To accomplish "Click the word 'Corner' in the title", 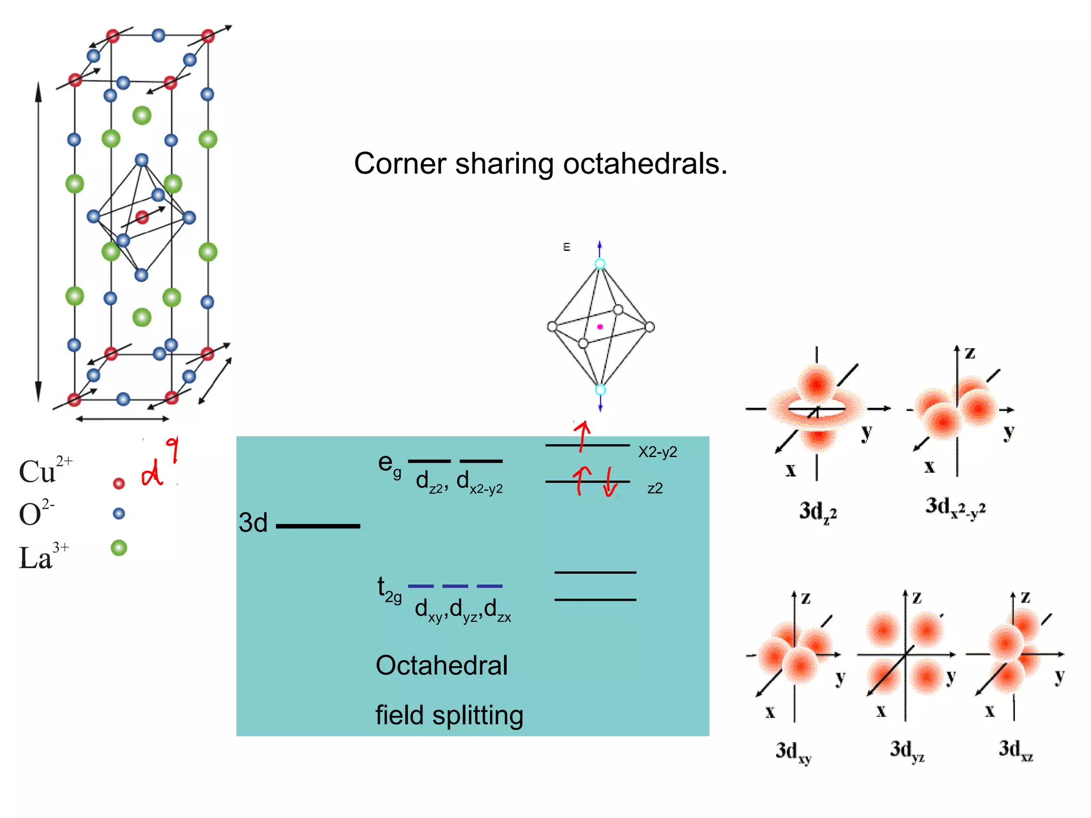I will [400, 163].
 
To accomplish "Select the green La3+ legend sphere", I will [119, 547].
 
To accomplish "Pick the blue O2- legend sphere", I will [119, 513].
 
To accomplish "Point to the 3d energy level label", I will [253, 523].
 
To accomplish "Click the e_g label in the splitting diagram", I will [389, 464].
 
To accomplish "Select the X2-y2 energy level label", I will [657, 452].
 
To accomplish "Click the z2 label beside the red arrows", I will [655, 488].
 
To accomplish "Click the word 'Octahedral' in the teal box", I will [442, 666].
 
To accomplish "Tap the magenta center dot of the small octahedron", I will [600, 327].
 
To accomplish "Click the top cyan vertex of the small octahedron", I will [600, 264].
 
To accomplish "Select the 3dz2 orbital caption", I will [818, 512].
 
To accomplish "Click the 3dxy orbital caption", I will [793, 752].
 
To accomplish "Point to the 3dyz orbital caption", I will [907, 750].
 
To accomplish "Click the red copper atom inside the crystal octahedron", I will [142, 217].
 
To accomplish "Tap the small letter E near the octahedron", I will [566, 247].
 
